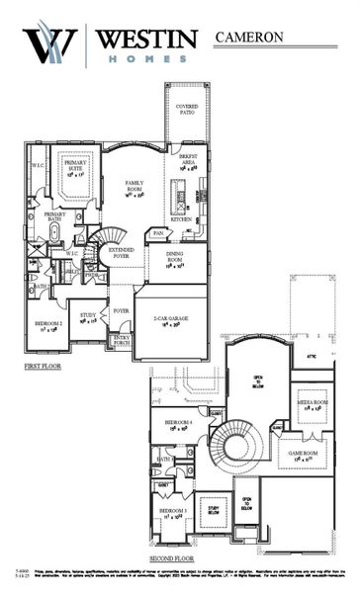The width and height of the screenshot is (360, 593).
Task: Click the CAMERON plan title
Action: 248,37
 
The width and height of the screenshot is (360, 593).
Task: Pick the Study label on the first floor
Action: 88,315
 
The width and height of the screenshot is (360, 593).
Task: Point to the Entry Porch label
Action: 122,340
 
